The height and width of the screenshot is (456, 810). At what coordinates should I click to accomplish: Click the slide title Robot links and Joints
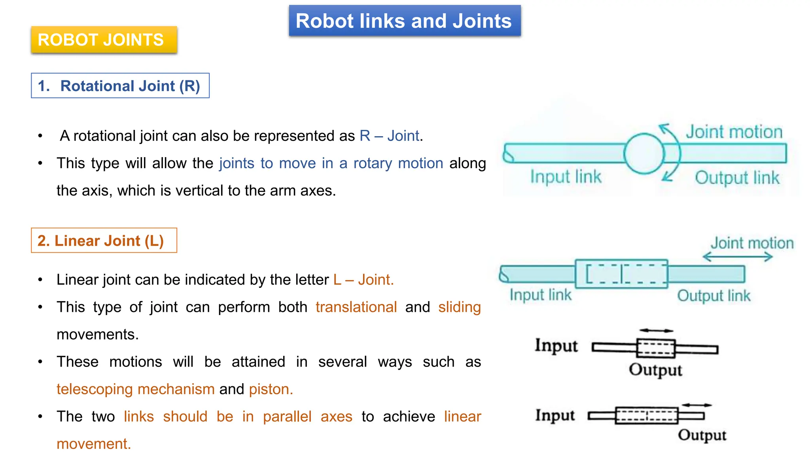[x=404, y=21]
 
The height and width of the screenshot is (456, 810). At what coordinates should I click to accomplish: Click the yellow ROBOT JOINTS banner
[x=104, y=40]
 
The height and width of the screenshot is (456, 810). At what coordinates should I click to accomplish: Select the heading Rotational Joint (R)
[x=120, y=86]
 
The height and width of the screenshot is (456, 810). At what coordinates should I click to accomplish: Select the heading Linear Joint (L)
[x=104, y=241]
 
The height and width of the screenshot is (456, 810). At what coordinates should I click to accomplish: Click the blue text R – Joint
[x=389, y=136]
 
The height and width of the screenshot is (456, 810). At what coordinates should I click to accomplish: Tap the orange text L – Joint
[x=363, y=280]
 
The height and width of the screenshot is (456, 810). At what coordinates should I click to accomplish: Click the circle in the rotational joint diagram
[x=643, y=154]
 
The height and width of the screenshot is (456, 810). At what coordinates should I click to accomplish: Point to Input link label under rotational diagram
[x=566, y=177]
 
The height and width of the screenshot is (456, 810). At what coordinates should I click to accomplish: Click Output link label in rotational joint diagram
[x=737, y=178]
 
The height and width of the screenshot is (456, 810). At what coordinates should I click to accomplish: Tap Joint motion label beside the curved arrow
[x=734, y=132]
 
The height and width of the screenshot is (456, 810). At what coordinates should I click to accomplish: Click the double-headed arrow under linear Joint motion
[x=738, y=257]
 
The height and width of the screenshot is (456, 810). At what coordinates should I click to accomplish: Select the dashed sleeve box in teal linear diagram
[x=621, y=274]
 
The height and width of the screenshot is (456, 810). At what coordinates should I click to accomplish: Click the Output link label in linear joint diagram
[x=713, y=296]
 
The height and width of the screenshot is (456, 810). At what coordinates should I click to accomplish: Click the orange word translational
[x=356, y=307]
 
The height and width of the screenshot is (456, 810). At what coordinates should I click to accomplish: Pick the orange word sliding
[x=459, y=307]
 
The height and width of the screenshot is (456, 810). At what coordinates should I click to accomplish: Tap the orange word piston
[x=271, y=389]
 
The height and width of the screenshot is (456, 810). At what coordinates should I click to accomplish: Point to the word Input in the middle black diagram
[x=556, y=345]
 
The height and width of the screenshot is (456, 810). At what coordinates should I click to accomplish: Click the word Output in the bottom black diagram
[x=702, y=435]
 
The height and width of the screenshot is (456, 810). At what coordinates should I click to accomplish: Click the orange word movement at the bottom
[x=93, y=444]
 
